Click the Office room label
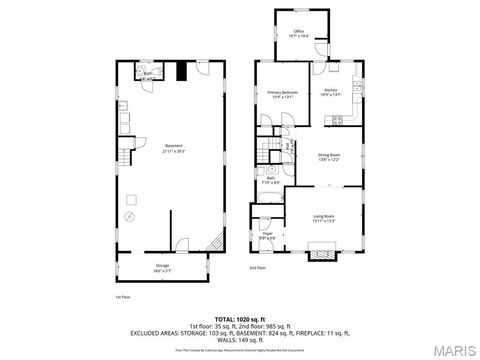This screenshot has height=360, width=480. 299,34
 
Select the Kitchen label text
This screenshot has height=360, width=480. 331,94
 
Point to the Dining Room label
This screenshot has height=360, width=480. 330,156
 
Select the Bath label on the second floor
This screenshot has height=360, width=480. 269,181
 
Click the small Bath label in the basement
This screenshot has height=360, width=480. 147,73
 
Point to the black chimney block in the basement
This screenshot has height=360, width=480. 181,71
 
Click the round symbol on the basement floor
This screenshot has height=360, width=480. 128,216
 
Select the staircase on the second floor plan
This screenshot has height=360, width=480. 266,152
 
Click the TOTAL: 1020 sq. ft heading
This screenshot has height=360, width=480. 240,315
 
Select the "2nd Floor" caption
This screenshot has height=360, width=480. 258,267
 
